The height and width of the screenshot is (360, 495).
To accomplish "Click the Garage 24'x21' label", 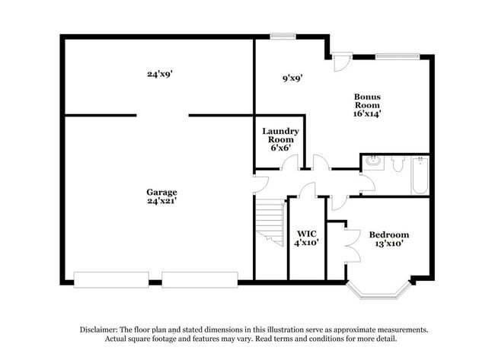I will click(x=162, y=197).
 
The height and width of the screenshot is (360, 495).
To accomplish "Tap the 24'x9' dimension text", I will click(x=162, y=75).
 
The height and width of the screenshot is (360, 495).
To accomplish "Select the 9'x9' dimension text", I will click(x=292, y=78).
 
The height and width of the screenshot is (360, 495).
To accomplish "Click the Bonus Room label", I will click(x=367, y=105).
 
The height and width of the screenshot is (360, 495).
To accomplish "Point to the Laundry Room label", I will click(x=280, y=136).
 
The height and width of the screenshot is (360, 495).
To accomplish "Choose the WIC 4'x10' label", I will click(x=307, y=237).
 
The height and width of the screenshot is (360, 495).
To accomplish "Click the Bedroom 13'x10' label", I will click(x=389, y=239).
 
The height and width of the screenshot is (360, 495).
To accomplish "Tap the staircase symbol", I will click(x=271, y=221).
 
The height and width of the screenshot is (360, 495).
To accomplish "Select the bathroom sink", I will click(x=373, y=162).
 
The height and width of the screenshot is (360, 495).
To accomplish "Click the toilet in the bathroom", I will click(x=398, y=162).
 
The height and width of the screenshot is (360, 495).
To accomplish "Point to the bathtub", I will click(x=420, y=176).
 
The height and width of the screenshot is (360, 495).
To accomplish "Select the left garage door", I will click(x=111, y=280).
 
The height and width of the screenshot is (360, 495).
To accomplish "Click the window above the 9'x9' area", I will click(x=283, y=35).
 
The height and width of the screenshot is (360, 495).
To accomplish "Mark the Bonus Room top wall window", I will click(x=397, y=56).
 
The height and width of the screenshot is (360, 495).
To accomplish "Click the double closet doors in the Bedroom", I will click(x=352, y=244).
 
